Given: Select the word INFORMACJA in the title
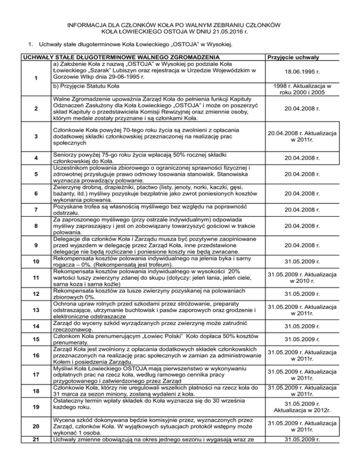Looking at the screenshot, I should pyautogui.click(x=89, y=25).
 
